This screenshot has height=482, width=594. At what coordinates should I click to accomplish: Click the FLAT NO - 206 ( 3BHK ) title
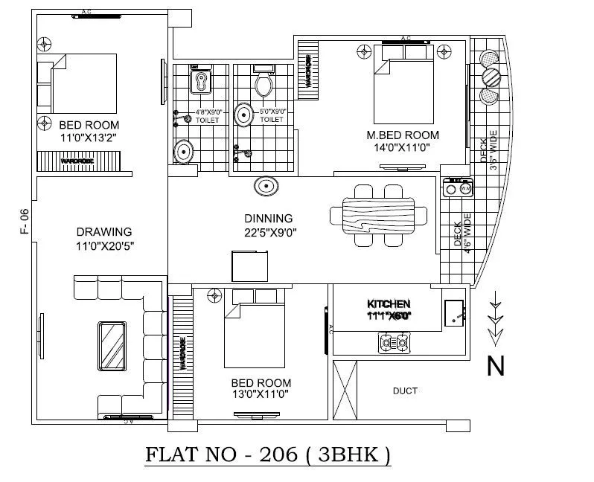click(x=266, y=455)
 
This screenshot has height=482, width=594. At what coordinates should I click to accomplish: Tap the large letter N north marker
click(x=496, y=365)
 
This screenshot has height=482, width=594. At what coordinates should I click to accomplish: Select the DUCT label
click(x=405, y=391)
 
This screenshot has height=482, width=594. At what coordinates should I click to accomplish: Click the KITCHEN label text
click(x=389, y=303)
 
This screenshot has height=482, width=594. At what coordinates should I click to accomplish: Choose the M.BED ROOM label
click(x=403, y=135)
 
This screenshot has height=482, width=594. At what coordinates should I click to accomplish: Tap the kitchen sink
click(x=455, y=312)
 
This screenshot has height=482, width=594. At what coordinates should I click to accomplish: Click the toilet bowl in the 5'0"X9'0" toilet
click(x=263, y=83)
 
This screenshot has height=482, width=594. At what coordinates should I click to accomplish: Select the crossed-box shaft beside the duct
click(x=345, y=390)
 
